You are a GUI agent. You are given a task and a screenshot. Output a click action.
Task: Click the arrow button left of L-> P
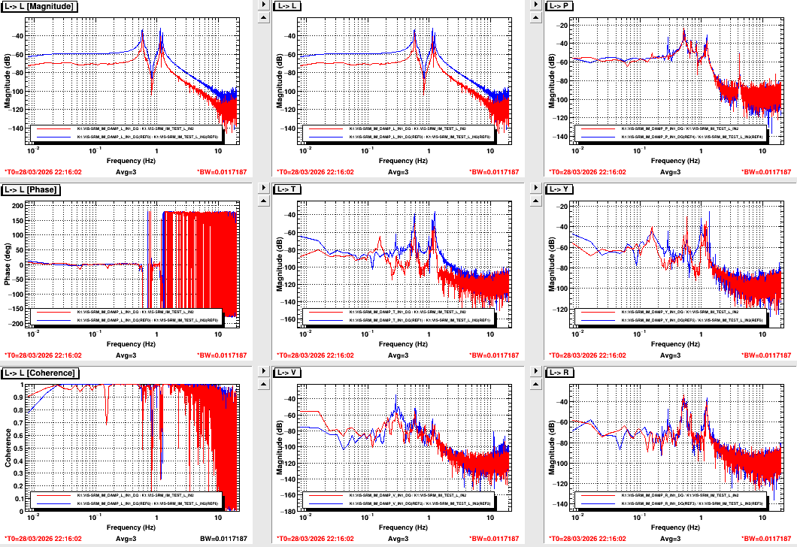coord(535,5)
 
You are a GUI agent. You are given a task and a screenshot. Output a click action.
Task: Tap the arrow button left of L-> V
coord(262,372)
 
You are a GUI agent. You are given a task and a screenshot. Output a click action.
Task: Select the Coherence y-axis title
coord(8,448)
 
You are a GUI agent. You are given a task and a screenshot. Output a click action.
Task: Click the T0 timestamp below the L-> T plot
coord(316,355)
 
